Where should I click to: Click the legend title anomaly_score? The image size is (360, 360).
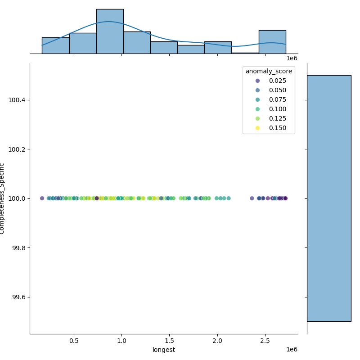tap(269, 71)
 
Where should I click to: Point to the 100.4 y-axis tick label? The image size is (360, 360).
tap(17, 99)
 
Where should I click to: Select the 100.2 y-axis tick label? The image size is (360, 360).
tap(17, 149)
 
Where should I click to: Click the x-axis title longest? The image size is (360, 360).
tap(164, 350)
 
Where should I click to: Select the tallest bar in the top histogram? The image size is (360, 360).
tap(110, 31)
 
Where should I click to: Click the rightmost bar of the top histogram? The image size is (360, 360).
tap(272, 42)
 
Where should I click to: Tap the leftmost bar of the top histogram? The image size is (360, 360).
tap(55, 45)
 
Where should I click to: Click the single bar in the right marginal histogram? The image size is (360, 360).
tap(329, 198)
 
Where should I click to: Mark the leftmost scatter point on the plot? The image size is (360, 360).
tap(42, 198)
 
